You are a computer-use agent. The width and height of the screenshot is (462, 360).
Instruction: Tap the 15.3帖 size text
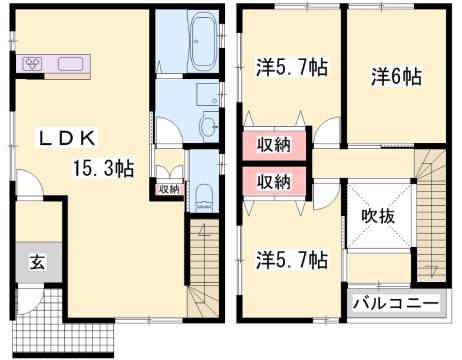coord(104,169)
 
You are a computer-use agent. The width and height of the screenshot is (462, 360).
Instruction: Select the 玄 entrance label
coord(36,264)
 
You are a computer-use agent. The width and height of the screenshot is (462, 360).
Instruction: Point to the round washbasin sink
coord(206,127)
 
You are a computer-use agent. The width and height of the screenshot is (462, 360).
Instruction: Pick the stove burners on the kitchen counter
coord(33,63)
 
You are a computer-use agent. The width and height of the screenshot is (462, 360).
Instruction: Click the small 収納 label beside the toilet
coord(168,189)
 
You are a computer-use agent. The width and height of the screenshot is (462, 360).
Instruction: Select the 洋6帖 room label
coord(396,76)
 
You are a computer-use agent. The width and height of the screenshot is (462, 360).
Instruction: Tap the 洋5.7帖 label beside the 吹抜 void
coord(290,260)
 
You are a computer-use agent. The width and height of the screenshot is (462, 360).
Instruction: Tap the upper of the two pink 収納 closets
coord(273,145)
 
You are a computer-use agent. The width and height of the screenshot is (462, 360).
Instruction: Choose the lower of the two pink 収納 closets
coord(273,182)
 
